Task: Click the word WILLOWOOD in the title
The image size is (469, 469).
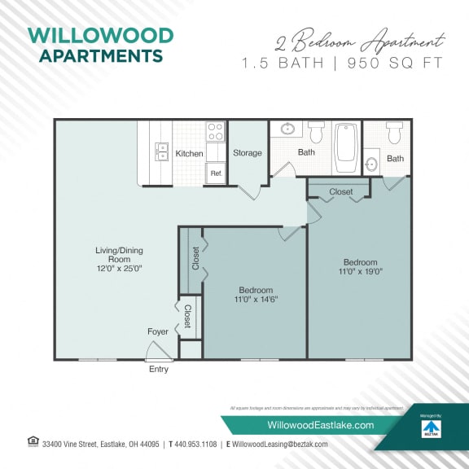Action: point(100,36)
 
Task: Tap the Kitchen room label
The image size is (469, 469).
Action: point(189,153)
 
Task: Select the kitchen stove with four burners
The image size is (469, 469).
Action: point(215,130)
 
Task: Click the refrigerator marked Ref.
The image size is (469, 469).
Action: point(216,173)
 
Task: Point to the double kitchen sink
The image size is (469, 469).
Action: point(161,153)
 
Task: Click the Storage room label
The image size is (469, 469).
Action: point(248,153)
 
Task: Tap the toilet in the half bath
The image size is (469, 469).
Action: point(395,132)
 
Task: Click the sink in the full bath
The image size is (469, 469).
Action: point(287,129)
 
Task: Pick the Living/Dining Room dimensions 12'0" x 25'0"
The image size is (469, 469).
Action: point(119,268)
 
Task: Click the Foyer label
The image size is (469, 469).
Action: point(158,331)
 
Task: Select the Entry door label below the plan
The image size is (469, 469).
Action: point(158,369)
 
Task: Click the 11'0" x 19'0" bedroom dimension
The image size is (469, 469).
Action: point(360,272)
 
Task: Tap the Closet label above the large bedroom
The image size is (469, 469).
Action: point(341,191)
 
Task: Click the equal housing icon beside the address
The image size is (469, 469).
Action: point(33,442)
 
